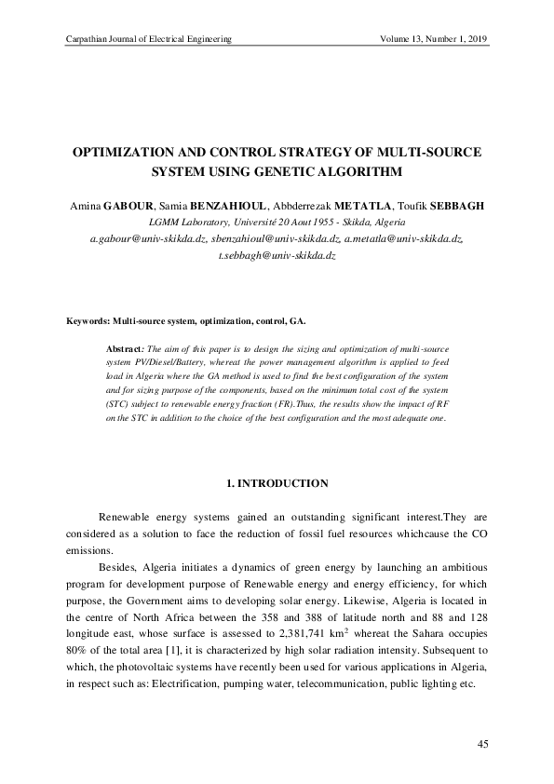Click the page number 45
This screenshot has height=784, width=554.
[482, 744]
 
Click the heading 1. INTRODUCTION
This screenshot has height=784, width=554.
[277, 483]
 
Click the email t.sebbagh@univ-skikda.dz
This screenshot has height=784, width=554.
[277, 254]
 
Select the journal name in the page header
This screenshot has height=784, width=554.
[144, 38]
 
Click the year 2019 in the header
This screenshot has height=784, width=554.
[477, 38]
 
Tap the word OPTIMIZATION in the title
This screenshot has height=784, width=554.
[131, 152]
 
